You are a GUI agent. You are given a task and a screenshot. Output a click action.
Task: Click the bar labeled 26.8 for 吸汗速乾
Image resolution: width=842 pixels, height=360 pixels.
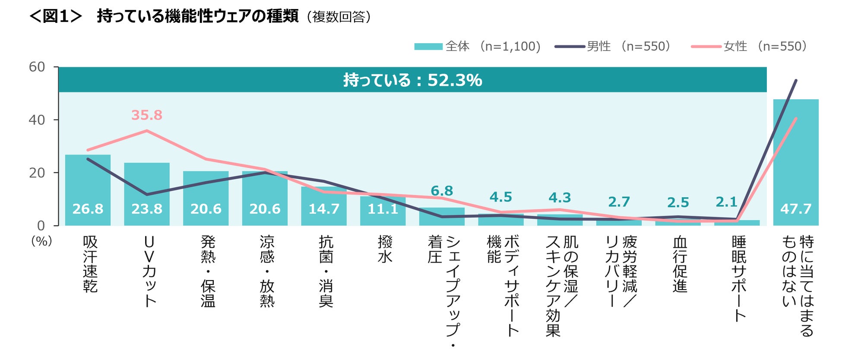pyautogui.click(x=88, y=190)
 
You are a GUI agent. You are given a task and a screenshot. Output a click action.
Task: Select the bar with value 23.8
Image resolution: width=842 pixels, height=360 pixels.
pyautogui.click(x=147, y=194)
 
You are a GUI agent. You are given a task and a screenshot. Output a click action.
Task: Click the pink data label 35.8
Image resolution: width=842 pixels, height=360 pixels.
pyautogui.click(x=147, y=115)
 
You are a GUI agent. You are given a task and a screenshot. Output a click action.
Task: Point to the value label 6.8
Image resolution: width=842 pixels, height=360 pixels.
pyautogui.click(x=442, y=191)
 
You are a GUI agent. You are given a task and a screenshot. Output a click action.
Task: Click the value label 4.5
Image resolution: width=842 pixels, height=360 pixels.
pyautogui.click(x=500, y=197)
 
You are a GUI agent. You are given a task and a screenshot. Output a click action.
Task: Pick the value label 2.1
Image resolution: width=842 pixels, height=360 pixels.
pyautogui.click(x=726, y=202)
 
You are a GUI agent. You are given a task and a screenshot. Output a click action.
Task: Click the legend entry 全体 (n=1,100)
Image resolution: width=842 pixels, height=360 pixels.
pyautogui.click(x=477, y=46)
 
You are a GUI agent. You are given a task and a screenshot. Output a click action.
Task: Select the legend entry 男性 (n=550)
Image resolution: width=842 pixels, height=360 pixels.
pyautogui.click(x=613, y=46)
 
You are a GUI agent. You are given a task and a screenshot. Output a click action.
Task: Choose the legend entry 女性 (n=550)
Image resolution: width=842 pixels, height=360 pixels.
pyautogui.click(x=749, y=46)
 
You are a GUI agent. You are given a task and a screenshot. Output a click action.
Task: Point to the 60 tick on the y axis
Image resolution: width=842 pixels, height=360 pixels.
pyautogui.click(x=37, y=67)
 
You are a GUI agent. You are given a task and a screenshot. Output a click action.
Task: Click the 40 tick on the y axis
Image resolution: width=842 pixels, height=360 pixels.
pyautogui.click(x=37, y=120)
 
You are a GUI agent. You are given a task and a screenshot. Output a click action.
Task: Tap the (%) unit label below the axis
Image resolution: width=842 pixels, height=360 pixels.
pyautogui.click(x=41, y=241)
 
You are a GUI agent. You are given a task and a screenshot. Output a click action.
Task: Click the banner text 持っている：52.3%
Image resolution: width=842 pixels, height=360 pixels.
pyautogui.click(x=412, y=80)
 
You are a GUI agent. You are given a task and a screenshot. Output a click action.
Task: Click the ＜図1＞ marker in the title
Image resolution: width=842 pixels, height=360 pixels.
pyautogui.click(x=55, y=16)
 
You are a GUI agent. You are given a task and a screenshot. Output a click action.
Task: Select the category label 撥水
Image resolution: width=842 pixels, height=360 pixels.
pyautogui.click(x=385, y=249)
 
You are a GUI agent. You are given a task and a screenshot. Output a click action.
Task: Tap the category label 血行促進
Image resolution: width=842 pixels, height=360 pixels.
pyautogui.click(x=680, y=264)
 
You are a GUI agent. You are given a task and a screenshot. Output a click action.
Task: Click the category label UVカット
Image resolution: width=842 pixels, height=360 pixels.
pyautogui.click(x=149, y=271)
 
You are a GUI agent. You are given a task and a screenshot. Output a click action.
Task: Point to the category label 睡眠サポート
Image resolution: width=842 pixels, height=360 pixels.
pyautogui.click(x=739, y=278)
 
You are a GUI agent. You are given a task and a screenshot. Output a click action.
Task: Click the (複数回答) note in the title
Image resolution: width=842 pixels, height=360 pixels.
pyautogui.click(x=339, y=17)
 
